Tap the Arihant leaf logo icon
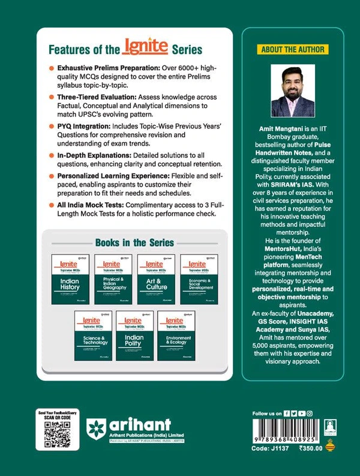97,430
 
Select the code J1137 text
268,447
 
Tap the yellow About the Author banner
289,48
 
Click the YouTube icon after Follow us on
301,414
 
